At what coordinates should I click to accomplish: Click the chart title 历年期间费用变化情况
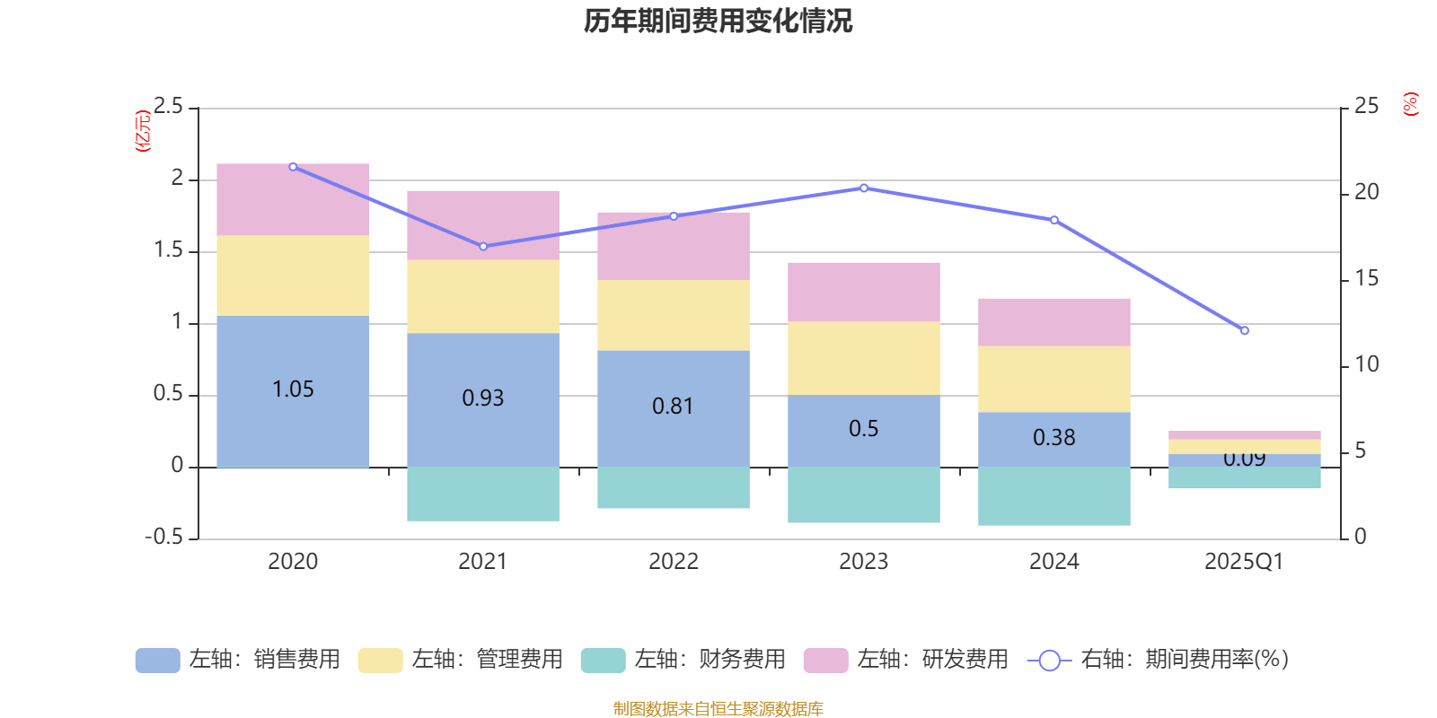click(x=718, y=21)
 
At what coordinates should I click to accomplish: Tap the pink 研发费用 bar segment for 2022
click(x=674, y=246)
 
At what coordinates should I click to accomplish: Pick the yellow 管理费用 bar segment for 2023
click(x=864, y=357)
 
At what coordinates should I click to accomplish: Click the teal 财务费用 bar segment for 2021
click(x=483, y=494)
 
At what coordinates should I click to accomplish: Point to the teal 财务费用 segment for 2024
click(x=1054, y=496)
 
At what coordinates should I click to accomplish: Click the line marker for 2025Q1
click(x=1244, y=331)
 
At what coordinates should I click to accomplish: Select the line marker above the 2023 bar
click(x=864, y=188)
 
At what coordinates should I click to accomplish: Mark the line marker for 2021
click(x=483, y=247)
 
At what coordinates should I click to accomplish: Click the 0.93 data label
click(x=483, y=398)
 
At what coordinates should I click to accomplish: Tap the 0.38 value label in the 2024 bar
click(x=1054, y=437)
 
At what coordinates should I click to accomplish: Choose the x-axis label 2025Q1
click(x=1244, y=562)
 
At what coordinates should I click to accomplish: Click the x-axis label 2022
click(x=674, y=562)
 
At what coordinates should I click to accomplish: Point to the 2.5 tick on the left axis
click(x=168, y=107)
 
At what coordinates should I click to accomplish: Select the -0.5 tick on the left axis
click(x=163, y=537)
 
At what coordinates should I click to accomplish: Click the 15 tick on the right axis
click(x=1366, y=278)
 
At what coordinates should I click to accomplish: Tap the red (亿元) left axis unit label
click(x=142, y=131)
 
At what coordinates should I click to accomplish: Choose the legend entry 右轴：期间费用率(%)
click(x=1159, y=660)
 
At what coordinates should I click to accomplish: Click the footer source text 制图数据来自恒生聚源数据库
click(x=718, y=709)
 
